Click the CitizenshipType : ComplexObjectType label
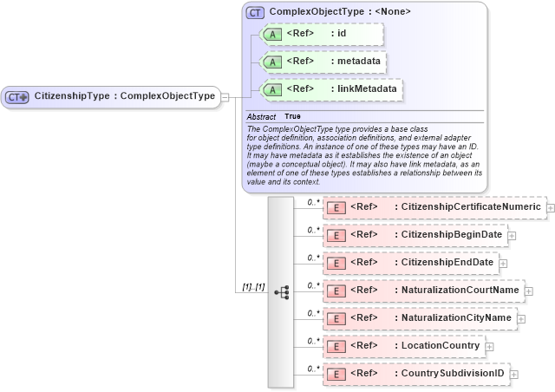pos(124,96)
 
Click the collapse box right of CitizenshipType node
pos(225,96)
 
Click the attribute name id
pos(342,34)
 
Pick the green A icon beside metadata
pos(271,62)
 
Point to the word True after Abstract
pos(293,116)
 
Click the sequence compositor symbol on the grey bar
pos(281,292)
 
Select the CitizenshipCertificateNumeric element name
pos(467,207)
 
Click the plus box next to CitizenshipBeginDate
pos(512,235)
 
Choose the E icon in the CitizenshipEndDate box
pos(335,263)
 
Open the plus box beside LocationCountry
pos(490,346)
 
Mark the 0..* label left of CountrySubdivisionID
pos(313,368)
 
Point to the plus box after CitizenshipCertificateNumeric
pos(549,207)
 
